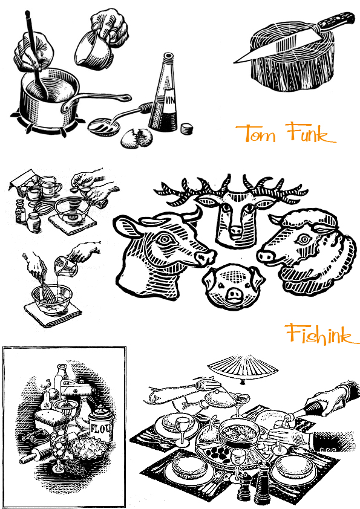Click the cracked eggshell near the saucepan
click(137, 137)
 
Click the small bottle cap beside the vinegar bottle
click(186, 129)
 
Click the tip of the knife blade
click(234, 62)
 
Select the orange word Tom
click(257, 133)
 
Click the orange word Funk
click(310, 132)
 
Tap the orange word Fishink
click(322, 334)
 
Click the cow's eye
click(165, 240)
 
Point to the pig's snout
click(234, 294)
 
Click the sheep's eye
click(304, 240)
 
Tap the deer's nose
click(235, 232)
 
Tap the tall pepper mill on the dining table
click(263, 481)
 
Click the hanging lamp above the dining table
click(243, 368)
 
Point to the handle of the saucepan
click(97, 100)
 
